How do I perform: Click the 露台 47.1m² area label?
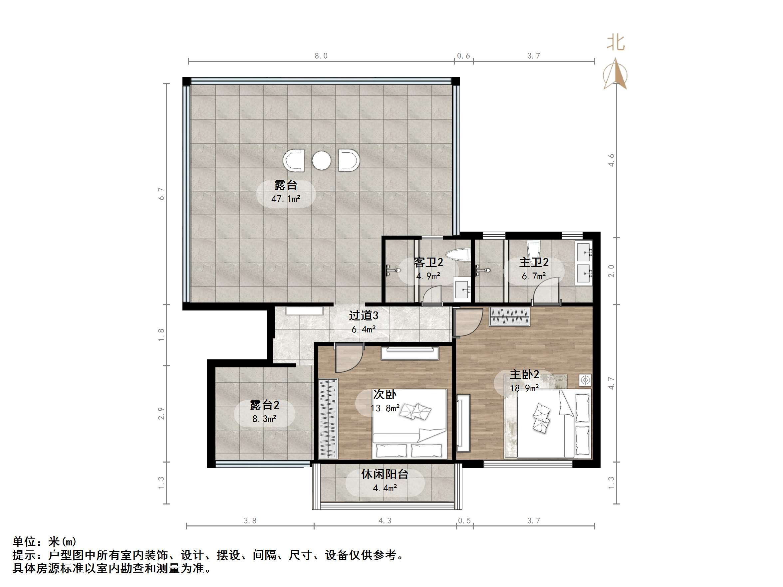286,192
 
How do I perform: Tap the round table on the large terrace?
321,160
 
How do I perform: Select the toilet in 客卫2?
458,255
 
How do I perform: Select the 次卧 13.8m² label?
385,401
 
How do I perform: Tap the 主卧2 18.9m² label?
524,381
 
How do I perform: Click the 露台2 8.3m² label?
264,412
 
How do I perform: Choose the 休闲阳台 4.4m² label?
385,481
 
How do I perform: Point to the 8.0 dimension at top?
321,56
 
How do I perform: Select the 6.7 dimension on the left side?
161,194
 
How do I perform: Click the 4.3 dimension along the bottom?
385,520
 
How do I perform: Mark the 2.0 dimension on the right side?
611,271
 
